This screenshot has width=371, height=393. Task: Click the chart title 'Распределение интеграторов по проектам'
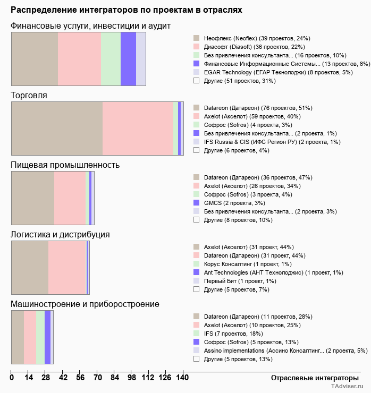pos(127,10)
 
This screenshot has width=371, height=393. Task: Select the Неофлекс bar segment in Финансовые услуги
pos(35,58)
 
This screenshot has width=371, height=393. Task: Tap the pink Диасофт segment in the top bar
pos(79,58)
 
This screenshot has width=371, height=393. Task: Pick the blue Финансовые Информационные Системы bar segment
pos(128,58)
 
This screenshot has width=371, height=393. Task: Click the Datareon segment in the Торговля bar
pos(57,128)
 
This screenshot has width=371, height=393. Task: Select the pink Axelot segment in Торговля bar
pos(138,128)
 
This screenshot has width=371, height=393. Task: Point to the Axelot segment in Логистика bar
pos(30,267)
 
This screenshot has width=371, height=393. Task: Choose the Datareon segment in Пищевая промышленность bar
pos(33,198)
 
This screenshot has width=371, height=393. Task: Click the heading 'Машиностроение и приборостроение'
pos(85,304)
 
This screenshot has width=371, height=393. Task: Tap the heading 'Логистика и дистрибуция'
pos(61,234)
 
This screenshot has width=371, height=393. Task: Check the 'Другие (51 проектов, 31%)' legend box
pos(196,81)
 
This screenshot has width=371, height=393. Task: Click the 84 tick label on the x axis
pos(115,378)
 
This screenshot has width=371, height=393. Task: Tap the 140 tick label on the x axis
pos(182,378)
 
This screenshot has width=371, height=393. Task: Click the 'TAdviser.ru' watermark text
pos(347,387)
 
